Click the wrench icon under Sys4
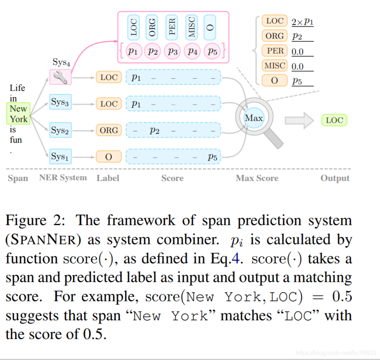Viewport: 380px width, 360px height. (x=61, y=77)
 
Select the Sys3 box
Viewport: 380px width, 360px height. (x=61, y=103)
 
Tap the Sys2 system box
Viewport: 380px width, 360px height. (x=61, y=130)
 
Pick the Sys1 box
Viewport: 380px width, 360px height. (x=61, y=156)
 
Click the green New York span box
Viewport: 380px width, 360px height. (x=18, y=114)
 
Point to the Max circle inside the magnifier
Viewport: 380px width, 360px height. (x=254, y=117)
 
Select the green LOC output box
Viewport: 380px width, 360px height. (x=334, y=120)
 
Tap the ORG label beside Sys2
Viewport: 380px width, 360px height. (x=109, y=130)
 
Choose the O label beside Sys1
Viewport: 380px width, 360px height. (x=109, y=157)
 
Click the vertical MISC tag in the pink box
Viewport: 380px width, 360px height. (x=191, y=27)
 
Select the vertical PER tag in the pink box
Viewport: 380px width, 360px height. (x=172, y=27)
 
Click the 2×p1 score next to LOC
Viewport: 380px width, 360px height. (x=302, y=22)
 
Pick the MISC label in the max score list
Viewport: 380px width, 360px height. (x=275, y=66)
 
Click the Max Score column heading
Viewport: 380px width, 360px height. (x=257, y=178)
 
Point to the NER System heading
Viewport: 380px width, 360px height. (x=63, y=178)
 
